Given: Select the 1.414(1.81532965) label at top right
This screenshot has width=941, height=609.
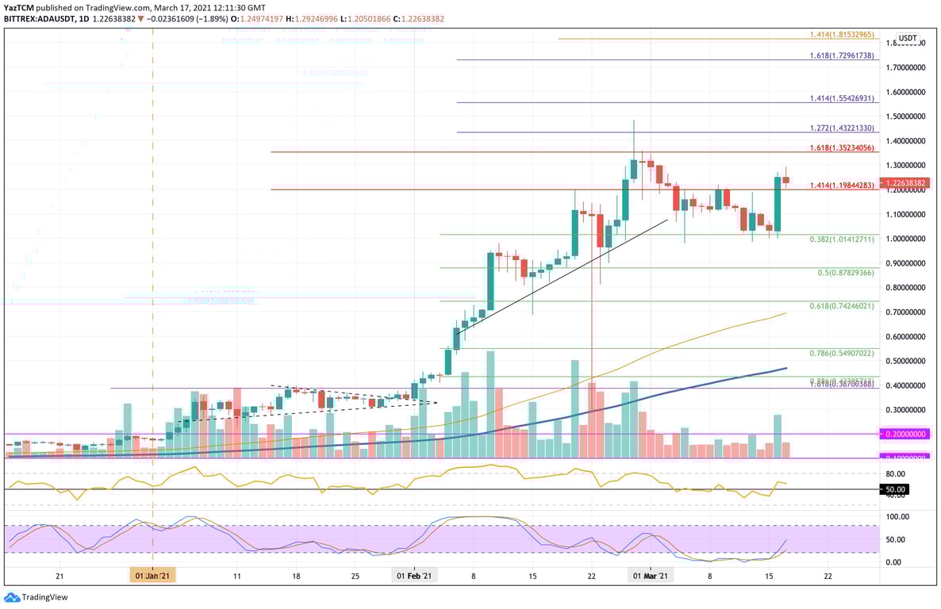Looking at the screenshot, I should (x=841, y=35).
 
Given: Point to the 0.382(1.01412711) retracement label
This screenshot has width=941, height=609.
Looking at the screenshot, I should (x=841, y=239).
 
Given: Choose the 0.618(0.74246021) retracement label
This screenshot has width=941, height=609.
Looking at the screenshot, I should (x=841, y=305).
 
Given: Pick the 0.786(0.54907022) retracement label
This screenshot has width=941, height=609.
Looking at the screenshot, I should (x=841, y=353).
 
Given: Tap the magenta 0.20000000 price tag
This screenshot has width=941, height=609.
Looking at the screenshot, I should (x=907, y=435).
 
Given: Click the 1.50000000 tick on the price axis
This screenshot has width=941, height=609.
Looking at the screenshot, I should (x=907, y=117).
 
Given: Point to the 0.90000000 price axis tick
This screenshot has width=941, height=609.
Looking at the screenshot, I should (x=907, y=263).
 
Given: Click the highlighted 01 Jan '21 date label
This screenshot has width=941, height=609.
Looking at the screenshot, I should (x=154, y=576).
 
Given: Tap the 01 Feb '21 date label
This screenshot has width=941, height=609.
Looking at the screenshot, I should (x=413, y=576).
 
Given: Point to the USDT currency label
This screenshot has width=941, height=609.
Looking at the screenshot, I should (x=907, y=38).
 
